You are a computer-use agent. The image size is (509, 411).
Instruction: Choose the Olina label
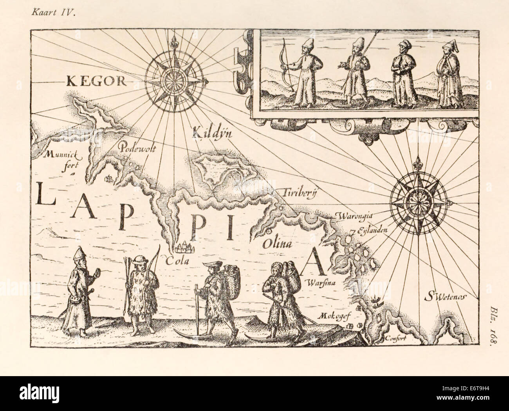point(278,245)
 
